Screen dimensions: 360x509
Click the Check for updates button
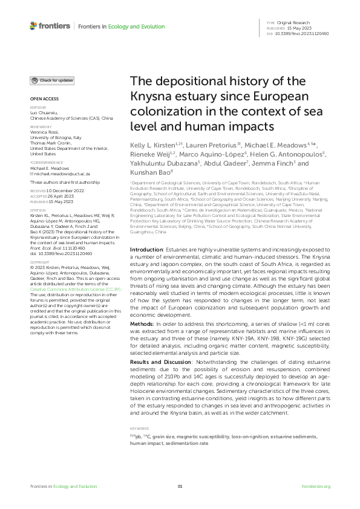[x=53, y=80]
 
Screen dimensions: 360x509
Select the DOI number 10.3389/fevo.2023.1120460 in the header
[x=306, y=34]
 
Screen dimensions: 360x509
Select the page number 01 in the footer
[x=180, y=486]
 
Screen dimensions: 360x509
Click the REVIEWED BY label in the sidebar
[x=41, y=126]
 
